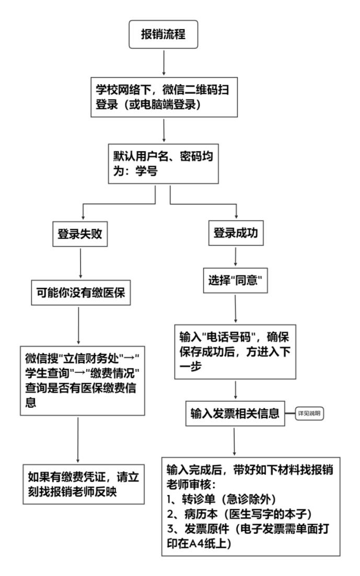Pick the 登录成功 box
236,235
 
